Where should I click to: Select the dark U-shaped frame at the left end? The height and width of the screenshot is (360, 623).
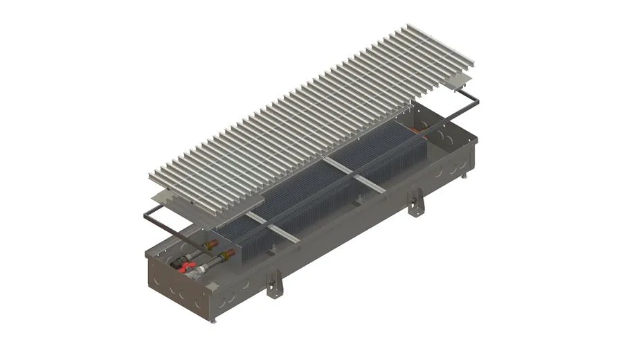pyautogui.click(x=159, y=220)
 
